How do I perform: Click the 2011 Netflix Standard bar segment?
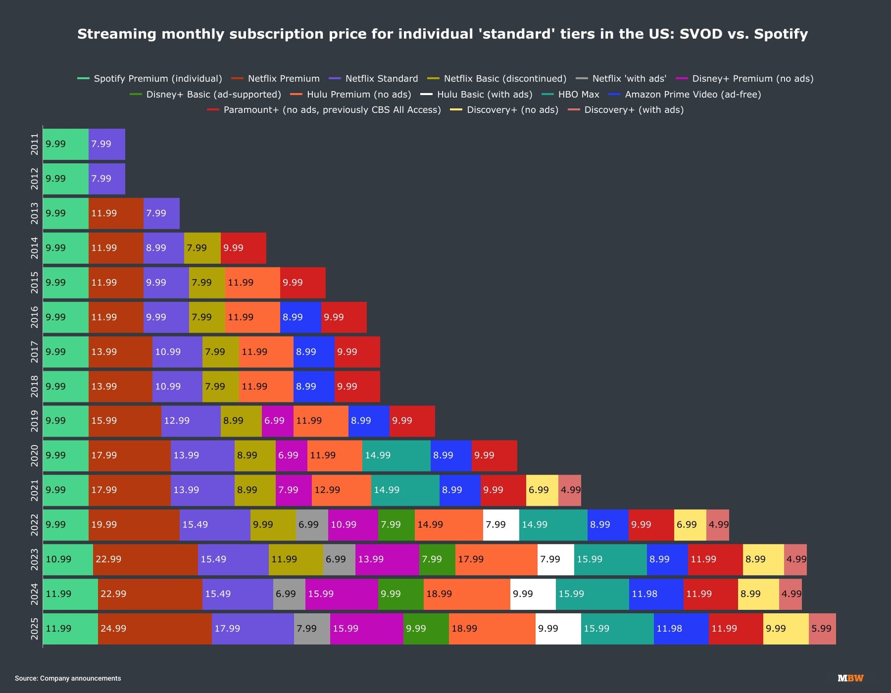[107, 144]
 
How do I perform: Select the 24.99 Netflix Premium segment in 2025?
[155, 629]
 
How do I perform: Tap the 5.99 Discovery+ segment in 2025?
[822, 629]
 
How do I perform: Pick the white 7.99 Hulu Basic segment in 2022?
[501, 525]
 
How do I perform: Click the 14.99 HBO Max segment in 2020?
[396, 455]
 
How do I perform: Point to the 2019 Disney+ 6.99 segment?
[278, 421]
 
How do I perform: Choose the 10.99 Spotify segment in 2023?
[68, 559]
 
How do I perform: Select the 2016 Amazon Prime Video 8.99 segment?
[300, 317]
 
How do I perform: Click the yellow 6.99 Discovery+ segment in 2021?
[542, 490]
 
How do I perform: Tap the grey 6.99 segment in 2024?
[289, 594]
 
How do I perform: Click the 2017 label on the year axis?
[34, 352]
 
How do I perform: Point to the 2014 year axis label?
[34, 248]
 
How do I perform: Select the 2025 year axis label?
[34, 629]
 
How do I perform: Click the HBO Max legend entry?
[578, 95]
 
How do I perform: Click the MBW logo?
[850, 678]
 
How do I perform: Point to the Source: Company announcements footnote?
[68, 678]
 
